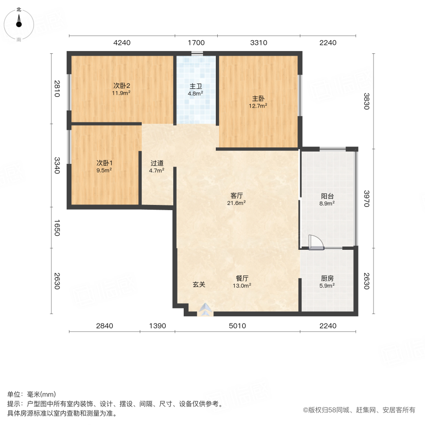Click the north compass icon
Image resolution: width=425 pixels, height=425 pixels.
[19, 22]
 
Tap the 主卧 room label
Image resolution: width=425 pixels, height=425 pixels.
[258, 99]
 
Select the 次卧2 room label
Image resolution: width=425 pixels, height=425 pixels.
[121, 86]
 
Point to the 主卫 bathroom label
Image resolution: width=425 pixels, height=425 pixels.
[196, 86]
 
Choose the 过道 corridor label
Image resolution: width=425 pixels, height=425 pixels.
[157, 163]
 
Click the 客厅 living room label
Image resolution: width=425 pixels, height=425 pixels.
[237, 195]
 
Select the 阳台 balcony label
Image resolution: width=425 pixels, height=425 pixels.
[327, 195]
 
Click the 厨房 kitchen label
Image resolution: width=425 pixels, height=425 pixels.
[327, 278]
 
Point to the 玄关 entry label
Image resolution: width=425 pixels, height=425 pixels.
[199, 285]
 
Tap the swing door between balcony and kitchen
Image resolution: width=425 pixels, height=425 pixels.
[314, 242]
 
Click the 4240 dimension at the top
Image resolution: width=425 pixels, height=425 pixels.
[122, 43]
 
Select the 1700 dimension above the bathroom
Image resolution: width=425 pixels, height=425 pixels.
[196, 43]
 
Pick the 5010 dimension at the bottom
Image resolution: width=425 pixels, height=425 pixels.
[237, 326]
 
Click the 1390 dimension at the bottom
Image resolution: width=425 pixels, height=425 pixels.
[157, 326]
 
